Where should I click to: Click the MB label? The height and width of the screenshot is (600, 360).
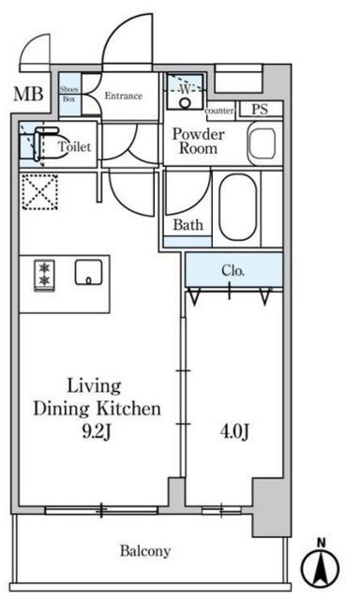click(x=28, y=94)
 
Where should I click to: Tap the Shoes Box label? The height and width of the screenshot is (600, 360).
click(x=69, y=94)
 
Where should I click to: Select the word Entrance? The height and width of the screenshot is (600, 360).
click(x=124, y=96)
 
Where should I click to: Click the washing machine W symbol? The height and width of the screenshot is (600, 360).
click(x=186, y=90)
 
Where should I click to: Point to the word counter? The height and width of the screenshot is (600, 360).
click(x=219, y=111)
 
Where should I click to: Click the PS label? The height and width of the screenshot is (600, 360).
click(x=260, y=109)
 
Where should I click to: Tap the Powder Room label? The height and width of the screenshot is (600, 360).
click(x=198, y=141)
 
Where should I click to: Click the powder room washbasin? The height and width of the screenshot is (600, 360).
click(x=262, y=143)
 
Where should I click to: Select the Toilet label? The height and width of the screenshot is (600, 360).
click(x=75, y=146)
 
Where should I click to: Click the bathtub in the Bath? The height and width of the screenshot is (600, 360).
click(x=237, y=207)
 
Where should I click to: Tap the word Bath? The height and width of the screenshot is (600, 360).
click(x=187, y=225)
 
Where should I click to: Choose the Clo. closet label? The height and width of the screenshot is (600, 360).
click(x=233, y=271)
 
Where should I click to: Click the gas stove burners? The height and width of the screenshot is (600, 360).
click(x=44, y=275)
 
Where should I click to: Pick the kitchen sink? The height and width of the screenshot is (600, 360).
click(x=88, y=272)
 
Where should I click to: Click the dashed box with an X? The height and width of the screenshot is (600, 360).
click(x=39, y=192)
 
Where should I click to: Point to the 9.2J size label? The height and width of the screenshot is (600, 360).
click(x=97, y=432)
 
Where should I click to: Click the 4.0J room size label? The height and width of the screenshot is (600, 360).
click(x=234, y=432)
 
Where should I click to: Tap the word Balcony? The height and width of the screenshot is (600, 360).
click(x=145, y=551)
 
